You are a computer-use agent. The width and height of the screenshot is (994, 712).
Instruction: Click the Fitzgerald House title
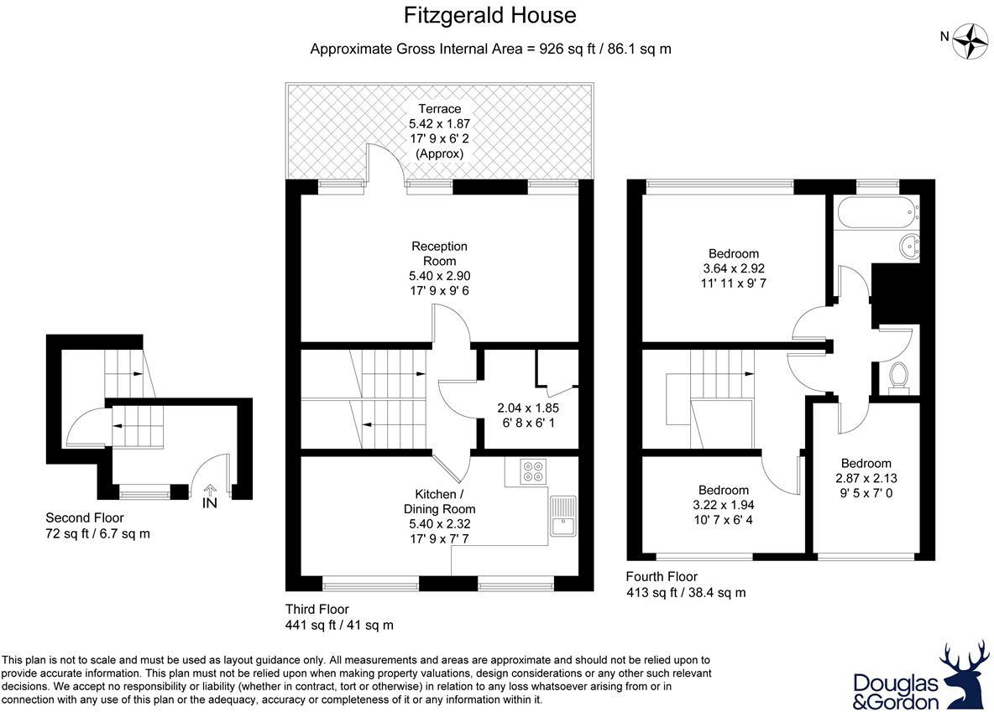(x=490, y=15)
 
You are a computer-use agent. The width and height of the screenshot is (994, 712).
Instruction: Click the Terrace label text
(x=440, y=109)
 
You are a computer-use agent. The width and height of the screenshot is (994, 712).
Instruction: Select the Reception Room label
(x=439, y=253)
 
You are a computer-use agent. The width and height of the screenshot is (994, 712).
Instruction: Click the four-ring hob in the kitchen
(x=532, y=471)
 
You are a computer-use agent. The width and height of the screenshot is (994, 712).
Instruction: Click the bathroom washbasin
(x=908, y=246)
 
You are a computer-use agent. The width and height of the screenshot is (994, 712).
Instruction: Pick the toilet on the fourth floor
(x=897, y=377)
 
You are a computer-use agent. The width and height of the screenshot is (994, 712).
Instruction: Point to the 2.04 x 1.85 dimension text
(x=527, y=408)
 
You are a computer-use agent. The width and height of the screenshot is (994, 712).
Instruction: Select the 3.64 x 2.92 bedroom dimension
(x=733, y=268)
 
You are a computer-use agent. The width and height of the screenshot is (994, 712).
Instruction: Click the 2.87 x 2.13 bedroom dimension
(x=866, y=478)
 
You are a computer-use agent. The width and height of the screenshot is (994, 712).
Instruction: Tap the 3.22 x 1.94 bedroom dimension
(x=723, y=505)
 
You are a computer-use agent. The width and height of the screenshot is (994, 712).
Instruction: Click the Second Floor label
(x=84, y=517)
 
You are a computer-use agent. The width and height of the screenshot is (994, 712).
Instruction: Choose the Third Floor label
(x=317, y=610)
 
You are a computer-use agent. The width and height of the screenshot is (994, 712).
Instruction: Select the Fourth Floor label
(x=662, y=577)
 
